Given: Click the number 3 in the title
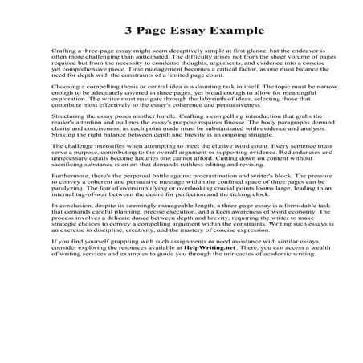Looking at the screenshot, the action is click(x=128, y=31).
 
